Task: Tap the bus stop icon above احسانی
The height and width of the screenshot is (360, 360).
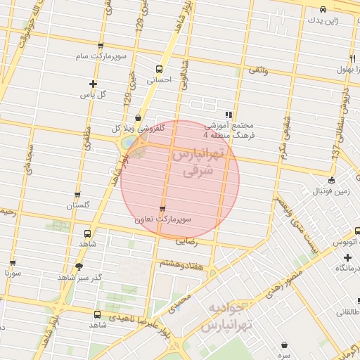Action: pyautogui.click(x=159, y=70)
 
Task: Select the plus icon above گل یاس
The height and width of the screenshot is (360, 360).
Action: pyautogui.click(x=92, y=84)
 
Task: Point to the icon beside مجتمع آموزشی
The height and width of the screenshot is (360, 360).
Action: pyautogui.click(x=228, y=115)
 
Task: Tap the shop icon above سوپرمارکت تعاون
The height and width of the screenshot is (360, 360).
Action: pyautogui.click(x=163, y=210)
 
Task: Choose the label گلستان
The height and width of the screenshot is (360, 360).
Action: pyautogui.click(x=78, y=205)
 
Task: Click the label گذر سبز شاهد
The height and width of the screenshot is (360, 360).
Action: pyautogui.click(x=79, y=277)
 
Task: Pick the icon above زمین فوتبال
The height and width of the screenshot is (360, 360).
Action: pyautogui.click(x=331, y=180)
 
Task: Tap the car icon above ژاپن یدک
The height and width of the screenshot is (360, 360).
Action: pyautogui.click(x=322, y=10)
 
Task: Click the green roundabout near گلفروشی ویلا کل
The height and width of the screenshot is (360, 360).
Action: pyautogui.click(x=128, y=143)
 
